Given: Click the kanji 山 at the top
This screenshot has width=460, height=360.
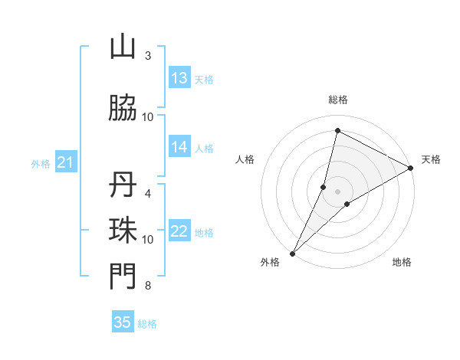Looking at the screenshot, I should pyautogui.click(x=123, y=47).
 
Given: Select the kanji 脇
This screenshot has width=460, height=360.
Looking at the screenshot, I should pyautogui.click(x=123, y=109).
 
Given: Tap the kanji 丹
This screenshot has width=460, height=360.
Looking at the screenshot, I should pyautogui.click(x=123, y=186).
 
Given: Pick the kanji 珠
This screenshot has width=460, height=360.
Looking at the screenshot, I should pyautogui.click(x=123, y=231).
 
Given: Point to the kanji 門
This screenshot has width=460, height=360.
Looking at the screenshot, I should pyautogui.click(x=123, y=277).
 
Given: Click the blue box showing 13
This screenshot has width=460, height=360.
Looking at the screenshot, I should pyautogui.click(x=179, y=78).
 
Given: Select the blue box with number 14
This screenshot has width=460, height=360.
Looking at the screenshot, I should pyautogui.click(x=179, y=148).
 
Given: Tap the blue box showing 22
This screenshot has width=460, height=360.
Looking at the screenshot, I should pyautogui.click(x=179, y=232).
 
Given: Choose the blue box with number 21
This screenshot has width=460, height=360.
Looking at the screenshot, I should pyautogui.click(x=65, y=162).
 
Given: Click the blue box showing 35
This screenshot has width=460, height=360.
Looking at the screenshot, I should pyautogui.click(x=123, y=322).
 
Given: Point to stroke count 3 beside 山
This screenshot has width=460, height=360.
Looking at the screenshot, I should pyautogui.click(x=148, y=56).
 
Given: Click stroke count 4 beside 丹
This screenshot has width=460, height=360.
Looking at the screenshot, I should pyautogui.click(x=148, y=193).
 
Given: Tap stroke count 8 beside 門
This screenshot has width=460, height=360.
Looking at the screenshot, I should pyautogui.click(x=148, y=286).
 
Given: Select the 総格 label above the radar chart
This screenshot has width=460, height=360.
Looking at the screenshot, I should pyautogui.click(x=338, y=100).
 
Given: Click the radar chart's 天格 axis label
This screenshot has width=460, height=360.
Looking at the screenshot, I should pyautogui.click(x=431, y=159).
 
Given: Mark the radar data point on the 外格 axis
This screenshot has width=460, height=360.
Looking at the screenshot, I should pyautogui.click(x=292, y=253).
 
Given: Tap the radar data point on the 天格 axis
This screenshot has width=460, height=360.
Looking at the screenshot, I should pyautogui.click(x=411, y=168).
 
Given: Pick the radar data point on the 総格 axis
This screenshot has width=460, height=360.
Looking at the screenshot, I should pyautogui.click(x=337, y=131).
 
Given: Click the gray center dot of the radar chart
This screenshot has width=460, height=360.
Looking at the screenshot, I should pyautogui.click(x=338, y=191).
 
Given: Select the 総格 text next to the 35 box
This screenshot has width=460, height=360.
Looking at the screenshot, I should pyautogui.click(x=148, y=323).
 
